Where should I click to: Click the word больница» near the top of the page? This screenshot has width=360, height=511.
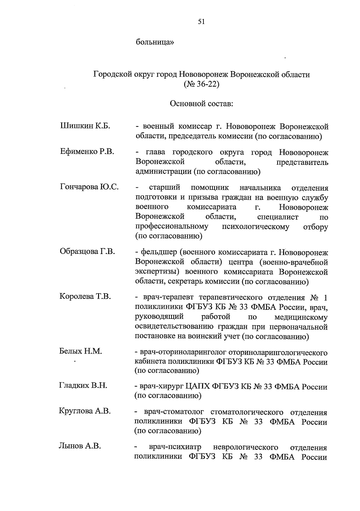155,42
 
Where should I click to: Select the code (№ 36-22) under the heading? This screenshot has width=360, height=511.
201,84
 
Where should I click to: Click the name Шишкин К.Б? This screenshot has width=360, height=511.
85,126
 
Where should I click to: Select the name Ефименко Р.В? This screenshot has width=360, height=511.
87,152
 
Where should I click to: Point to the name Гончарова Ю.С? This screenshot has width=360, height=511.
89,187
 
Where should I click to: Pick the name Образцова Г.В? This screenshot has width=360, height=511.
87,251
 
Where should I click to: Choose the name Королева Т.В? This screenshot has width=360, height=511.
85,297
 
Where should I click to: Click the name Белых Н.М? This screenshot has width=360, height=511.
81,351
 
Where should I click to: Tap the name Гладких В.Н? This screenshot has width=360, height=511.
83,385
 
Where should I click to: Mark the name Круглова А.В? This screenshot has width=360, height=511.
85,411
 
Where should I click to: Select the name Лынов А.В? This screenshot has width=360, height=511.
80,446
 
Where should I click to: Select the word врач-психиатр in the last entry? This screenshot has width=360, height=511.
175,447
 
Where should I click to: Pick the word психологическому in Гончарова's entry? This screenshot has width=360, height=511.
256,226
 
